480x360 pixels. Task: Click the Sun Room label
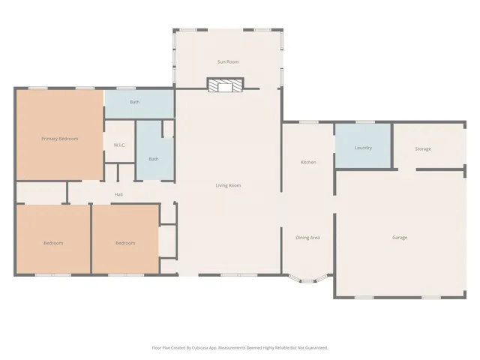[x=228, y=61]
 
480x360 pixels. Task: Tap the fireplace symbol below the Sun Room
[x=226, y=85]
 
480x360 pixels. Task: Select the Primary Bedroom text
[x=60, y=139]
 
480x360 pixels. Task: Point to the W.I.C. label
[x=119, y=145]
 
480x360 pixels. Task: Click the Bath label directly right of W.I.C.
[x=154, y=159]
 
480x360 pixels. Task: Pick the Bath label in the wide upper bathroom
[x=135, y=102]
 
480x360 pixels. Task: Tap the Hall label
[x=118, y=194]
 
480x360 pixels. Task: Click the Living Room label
[x=228, y=185]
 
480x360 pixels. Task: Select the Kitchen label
[x=308, y=162]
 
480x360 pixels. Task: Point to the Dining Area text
[x=308, y=238]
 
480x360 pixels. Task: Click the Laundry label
[x=363, y=148]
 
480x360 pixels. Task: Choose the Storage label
[x=423, y=148]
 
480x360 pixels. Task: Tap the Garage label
[x=400, y=238]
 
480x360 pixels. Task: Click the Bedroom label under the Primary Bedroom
[x=53, y=243]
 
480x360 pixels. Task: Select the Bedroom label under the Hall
[x=125, y=243]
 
